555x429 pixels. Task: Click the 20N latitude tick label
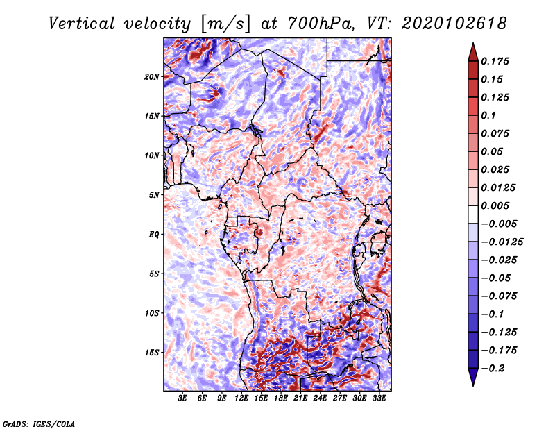coord(152,77)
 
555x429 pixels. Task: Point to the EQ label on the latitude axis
coord(154,235)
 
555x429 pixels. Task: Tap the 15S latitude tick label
coord(152,353)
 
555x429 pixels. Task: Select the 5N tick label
coord(154,195)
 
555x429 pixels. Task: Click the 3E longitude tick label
coord(182,398)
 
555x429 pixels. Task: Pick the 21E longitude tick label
coord(300,398)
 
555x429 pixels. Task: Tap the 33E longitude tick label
coord(379,398)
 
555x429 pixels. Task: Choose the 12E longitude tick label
coord(241,398)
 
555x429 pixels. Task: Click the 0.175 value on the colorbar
coord(495,61)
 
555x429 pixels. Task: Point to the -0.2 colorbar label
coord(493,369)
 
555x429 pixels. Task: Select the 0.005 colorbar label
coord(495,205)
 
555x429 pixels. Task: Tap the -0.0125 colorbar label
coord(502,242)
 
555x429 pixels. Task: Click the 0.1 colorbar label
coord(488,115)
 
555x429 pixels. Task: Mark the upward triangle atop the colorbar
coord(473,52)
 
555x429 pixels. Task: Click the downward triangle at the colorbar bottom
coord(473,377)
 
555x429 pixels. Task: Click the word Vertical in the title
coord(82,24)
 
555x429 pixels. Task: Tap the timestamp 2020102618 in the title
coord(454,24)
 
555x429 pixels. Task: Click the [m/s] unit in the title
coord(225,24)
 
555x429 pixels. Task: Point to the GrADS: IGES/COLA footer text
coord(39,424)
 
